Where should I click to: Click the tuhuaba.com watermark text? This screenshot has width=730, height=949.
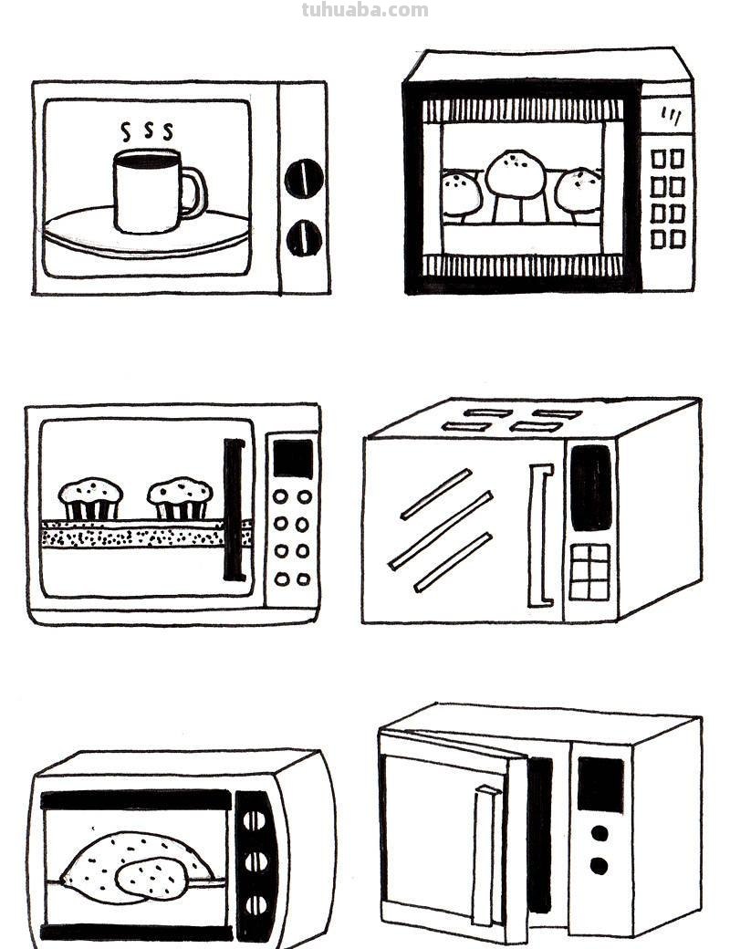pos(364,10)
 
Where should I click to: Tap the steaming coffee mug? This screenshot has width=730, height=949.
pos(147,193)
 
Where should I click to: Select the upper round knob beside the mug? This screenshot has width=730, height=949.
pos(304,178)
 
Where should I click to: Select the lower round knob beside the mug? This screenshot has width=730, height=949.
pos(304,238)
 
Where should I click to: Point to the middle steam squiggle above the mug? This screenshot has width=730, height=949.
pos(147,130)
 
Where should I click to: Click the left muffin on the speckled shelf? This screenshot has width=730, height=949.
pos(90,498)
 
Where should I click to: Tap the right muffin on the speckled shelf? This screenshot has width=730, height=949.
pos(181,498)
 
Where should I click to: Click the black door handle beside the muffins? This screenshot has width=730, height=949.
pos(234,510)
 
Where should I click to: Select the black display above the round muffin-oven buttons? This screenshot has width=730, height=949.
pos(293,458)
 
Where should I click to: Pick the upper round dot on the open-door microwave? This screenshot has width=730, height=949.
pos(600,833)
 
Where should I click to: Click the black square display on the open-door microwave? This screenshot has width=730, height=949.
pos(600,784)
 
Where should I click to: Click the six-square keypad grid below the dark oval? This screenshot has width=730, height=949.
pos(589,572)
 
